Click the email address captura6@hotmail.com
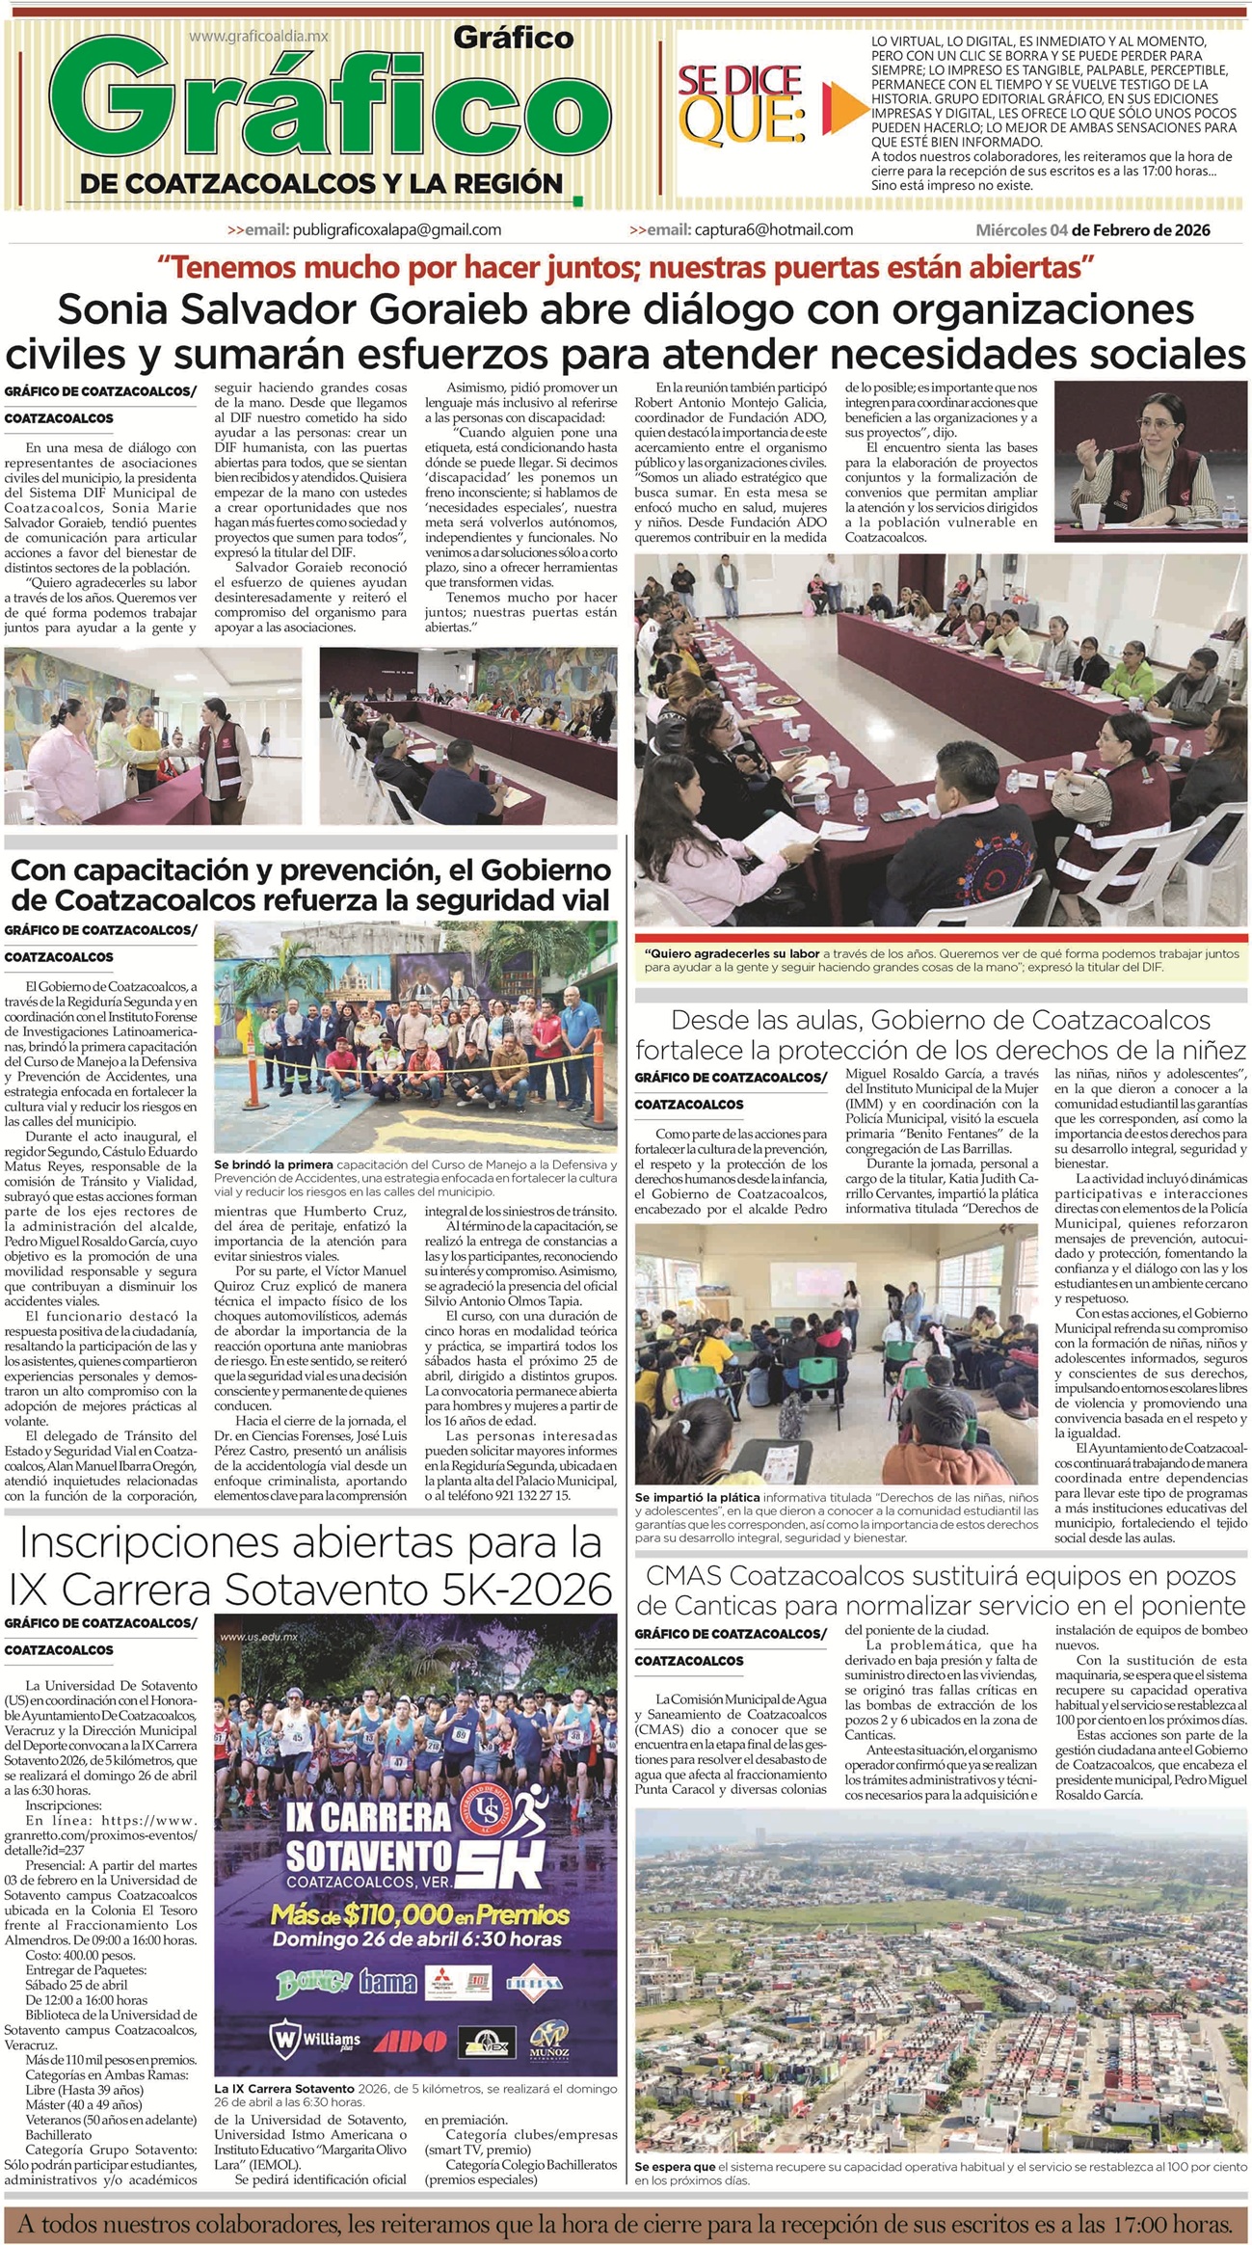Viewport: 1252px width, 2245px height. click(x=774, y=229)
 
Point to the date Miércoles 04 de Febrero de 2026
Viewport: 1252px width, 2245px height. click(x=1093, y=230)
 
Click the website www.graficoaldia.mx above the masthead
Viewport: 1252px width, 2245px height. click(x=258, y=36)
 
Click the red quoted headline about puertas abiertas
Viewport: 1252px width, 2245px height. click(x=626, y=265)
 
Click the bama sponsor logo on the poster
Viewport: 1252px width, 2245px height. click(x=387, y=1982)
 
